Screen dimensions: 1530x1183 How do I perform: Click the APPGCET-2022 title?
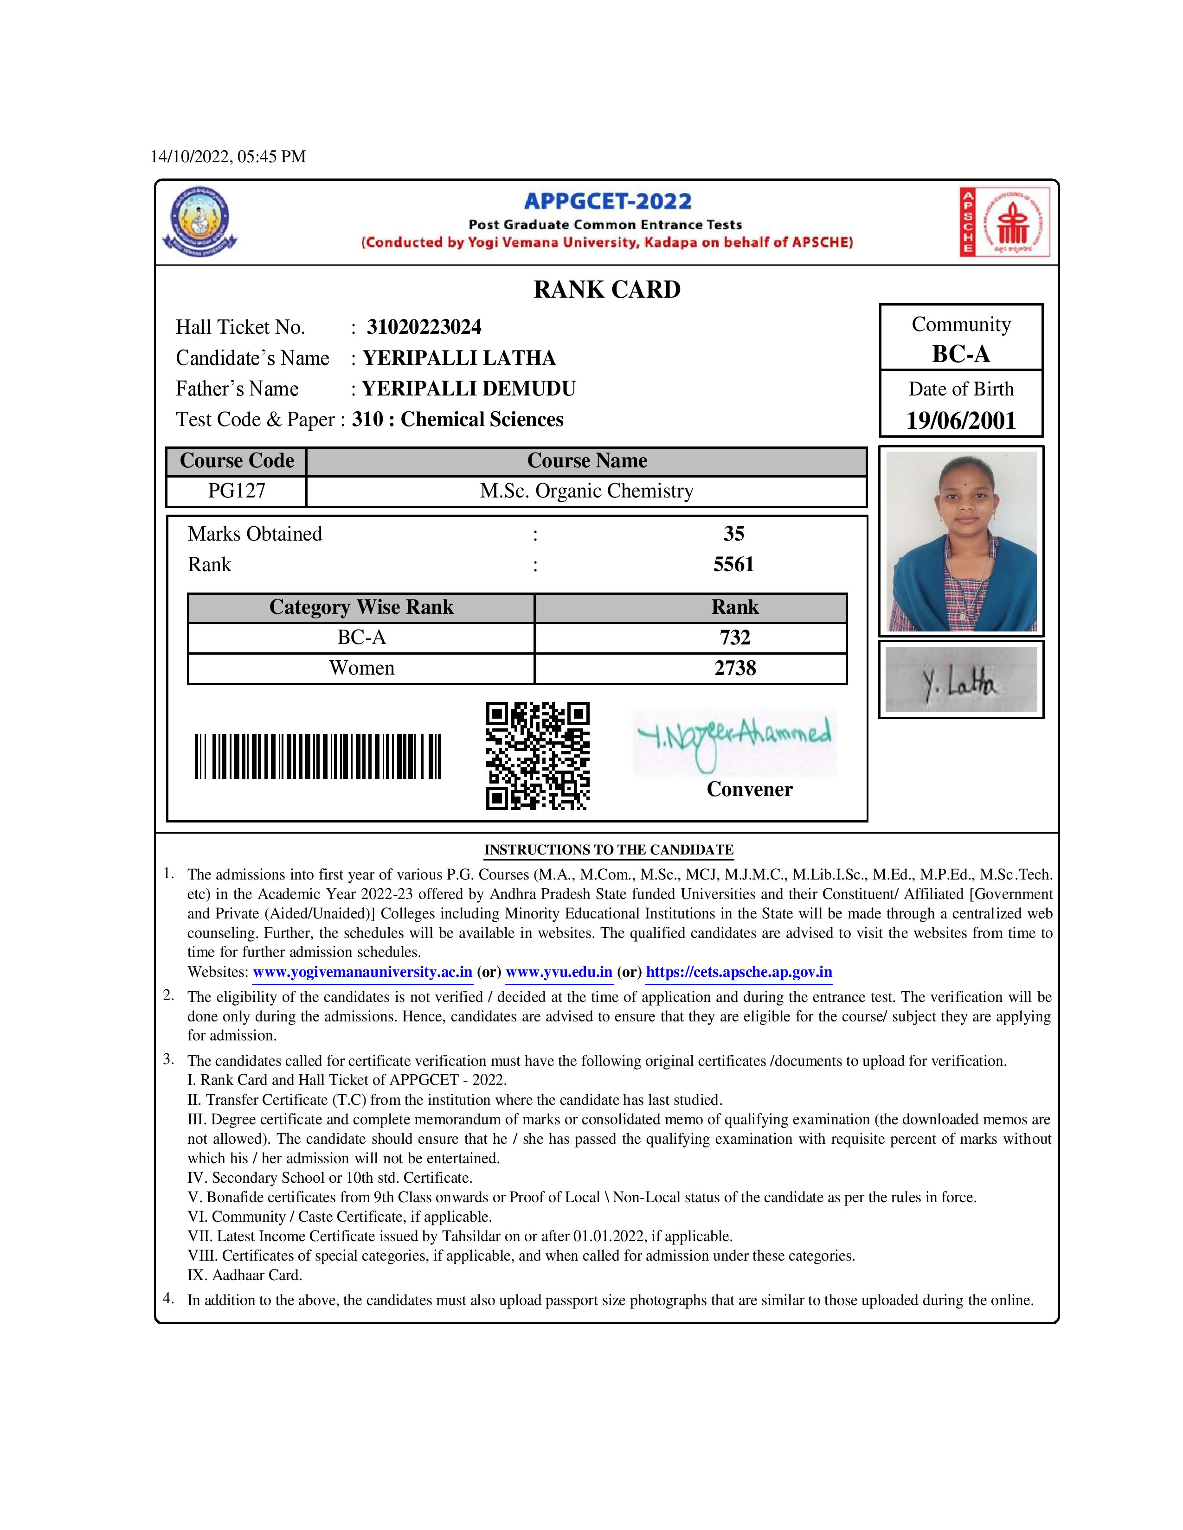pyautogui.click(x=608, y=202)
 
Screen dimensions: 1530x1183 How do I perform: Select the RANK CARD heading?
pyautogui.click(x=607, y=289)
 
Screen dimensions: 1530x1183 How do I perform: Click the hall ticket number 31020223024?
pyautogui.click(x=424, y=327)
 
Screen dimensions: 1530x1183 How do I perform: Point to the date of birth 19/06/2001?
pyautogui.click(x=961, y=421)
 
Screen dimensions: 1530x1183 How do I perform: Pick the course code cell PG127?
pyautogui.click(x=237, y=491)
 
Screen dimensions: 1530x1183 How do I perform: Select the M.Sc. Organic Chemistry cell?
pyautogui.click(x=586, y=491)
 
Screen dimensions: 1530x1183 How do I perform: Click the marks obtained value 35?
pyautogui.click(x=734, y=534)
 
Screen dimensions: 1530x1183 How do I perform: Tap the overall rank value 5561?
pyautogui.click(x=734, y=565)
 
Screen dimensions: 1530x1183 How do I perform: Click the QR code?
pyautogui.click(x=538, y=756)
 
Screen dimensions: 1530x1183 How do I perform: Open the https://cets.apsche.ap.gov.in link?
pyautogui.click(x=739, y=972)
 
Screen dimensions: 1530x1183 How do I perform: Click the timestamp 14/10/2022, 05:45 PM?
pyautogui.click(x=228, y=157)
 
